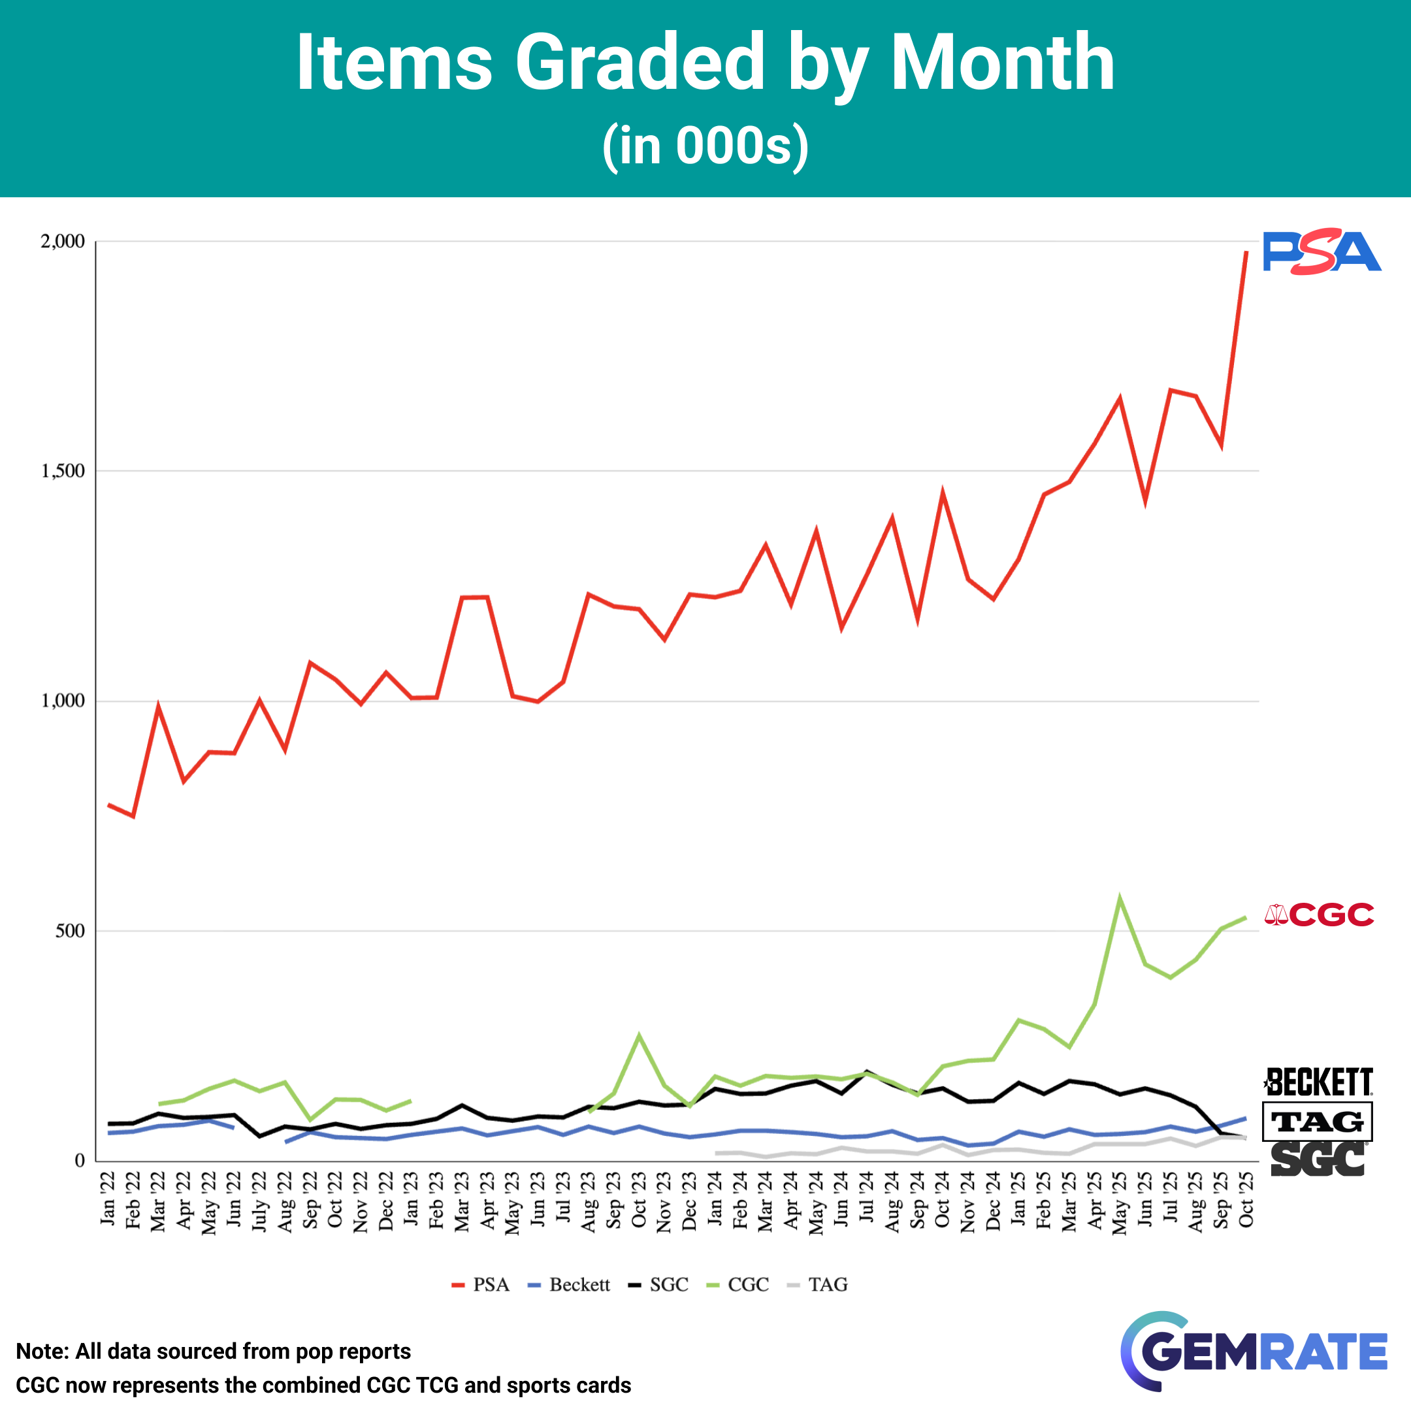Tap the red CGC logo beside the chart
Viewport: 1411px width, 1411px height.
point(1319,915)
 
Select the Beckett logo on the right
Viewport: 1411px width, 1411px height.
point(1318,1082)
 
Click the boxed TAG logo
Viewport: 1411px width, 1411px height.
point(1317,1121)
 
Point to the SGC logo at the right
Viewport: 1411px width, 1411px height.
point(1318,1160)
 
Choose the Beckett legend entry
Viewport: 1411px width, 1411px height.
point(569,1285)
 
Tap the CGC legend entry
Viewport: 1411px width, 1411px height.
point(738,1285)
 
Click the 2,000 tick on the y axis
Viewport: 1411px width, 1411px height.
point(63,241)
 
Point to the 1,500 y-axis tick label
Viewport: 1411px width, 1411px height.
point(63,471)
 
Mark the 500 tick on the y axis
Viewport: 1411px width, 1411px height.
point(70,931)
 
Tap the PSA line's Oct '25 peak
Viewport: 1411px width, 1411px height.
point(1246,252)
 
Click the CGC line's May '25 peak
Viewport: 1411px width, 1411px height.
point(1120,898)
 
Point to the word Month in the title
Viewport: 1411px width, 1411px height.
point(1002,63)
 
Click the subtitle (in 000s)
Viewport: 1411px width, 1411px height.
point(705,146)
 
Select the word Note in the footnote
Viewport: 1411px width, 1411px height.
point(42,1351)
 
